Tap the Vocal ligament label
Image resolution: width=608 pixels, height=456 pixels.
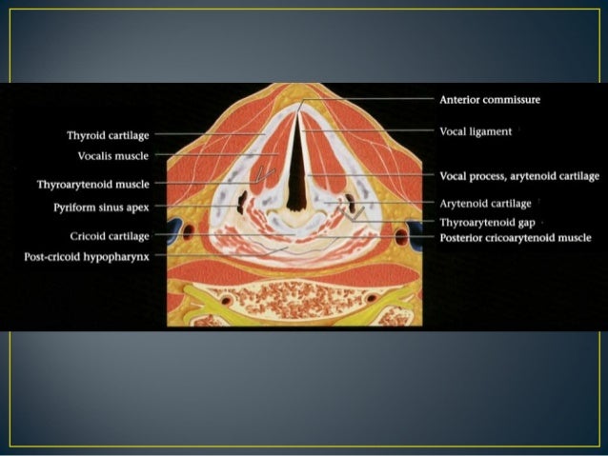pos(476,130)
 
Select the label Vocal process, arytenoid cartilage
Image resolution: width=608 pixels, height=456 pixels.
pos(519,176)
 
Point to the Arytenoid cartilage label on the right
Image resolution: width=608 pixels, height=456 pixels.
pos(485,203)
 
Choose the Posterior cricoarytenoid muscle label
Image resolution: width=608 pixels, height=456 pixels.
pos(515,237)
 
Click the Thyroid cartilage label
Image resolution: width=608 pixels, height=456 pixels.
pos(108,135)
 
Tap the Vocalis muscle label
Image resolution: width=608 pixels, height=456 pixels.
pos(112,154)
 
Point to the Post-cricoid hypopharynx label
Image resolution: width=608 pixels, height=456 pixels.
pos(87,256)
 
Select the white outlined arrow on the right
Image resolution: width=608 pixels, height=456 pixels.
pos(354,216)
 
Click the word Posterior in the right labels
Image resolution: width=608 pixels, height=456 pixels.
pos(462,237)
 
